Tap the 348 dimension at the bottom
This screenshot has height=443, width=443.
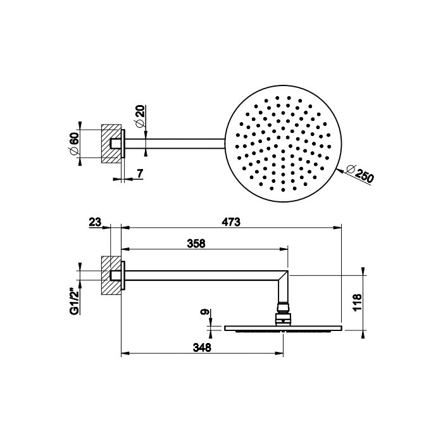pos(201,347)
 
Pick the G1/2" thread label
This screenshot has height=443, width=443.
pos(74,301)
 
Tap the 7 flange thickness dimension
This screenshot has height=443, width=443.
pos(139,173)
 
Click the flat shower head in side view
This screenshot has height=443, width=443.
pos(283,328)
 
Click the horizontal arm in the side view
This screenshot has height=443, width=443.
pos(203,275)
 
